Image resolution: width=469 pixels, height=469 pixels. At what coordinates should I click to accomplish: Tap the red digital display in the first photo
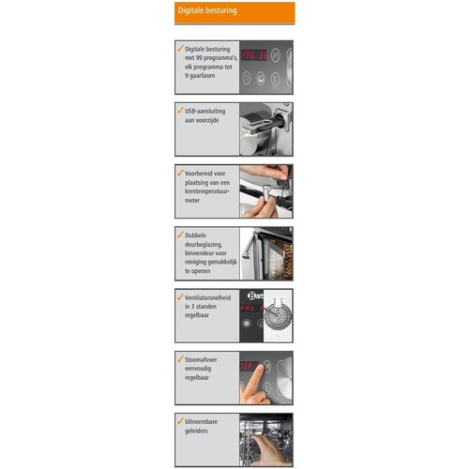(255, 55)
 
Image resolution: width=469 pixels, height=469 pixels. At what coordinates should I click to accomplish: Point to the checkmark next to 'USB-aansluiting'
(179, 110)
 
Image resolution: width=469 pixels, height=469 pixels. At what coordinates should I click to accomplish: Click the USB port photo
(265, 129)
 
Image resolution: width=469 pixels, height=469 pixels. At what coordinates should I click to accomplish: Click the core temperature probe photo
(265, 191)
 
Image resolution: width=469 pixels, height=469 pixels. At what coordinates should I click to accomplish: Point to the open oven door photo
(265, 253)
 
